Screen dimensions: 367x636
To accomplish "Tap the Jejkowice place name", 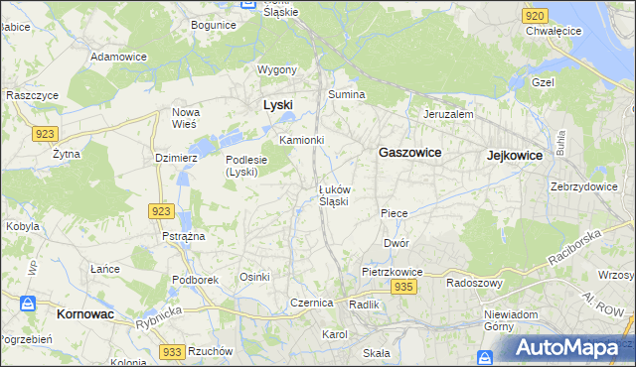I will tap(514, 156).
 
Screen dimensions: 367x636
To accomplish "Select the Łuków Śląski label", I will tap(333, 195).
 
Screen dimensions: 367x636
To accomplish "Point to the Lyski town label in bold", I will tap(277, 104).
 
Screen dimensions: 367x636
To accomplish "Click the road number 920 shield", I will tap(535, 16).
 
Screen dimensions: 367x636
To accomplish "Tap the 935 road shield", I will tap(402, 287).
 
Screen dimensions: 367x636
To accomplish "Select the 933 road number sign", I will tap(172, 352).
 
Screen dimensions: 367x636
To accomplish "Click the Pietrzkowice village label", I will tap(393, 271).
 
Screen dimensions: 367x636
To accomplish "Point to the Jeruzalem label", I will tap(448, 114).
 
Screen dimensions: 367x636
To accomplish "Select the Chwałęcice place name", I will tap(554, 31).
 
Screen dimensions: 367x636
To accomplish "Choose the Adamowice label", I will tap(118, 57).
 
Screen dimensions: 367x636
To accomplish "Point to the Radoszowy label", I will tap(472, 281).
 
